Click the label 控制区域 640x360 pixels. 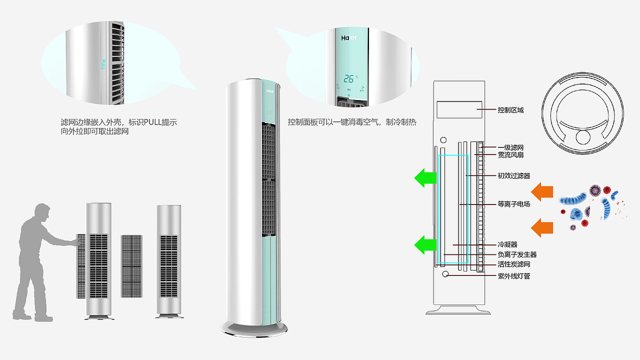(510, 110)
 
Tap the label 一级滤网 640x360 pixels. (510, 148)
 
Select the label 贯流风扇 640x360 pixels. (510, 155)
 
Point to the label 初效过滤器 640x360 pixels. (513, 176)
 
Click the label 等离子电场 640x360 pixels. (513, 204)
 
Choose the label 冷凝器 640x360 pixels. (507, 245)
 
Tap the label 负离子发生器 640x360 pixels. (517, 255)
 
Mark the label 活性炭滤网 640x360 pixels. (513, 264)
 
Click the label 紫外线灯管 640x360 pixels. (513, 276)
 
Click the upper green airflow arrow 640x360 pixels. (425, 177)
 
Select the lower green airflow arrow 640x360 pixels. (425, 245)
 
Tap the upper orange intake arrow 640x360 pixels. (542, 191)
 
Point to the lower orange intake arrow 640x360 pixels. (542, 227)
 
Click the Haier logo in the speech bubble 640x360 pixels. (349, 38)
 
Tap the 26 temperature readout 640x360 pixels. (349, 78)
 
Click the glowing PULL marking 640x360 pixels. (103, 64)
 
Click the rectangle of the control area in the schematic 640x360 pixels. (459, 109)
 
